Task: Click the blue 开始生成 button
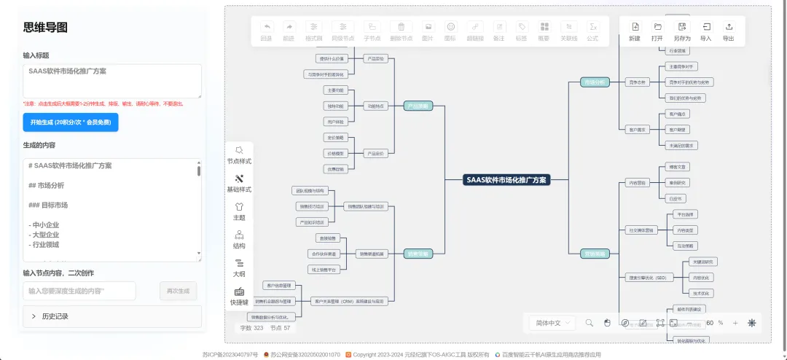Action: (x=70, y=122)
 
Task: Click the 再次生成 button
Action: (x=178, y=291)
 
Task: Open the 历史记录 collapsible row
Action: (x=111, y=316)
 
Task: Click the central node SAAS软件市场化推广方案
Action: (x=506, y=179)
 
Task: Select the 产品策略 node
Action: (x=418, y=106)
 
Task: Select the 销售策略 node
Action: (x=419, y=254)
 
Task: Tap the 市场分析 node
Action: (x=595, y=82)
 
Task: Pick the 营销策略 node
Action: (x=595, y=254)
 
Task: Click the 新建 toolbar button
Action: (x=635, y=31)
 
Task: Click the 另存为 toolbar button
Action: (x=682, y=31)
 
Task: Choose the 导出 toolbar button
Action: (x=728, y=31)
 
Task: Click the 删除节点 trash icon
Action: (x=402, y=31)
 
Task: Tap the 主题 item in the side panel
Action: (x=239, y=211)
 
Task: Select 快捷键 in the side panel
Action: (x=239, y=296)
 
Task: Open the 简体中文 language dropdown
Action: (x=555, y=323)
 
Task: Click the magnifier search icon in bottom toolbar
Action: (x=590, y=323)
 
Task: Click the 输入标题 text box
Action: (x=112, y=80)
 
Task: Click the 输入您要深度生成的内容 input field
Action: (x=79, y=291)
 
